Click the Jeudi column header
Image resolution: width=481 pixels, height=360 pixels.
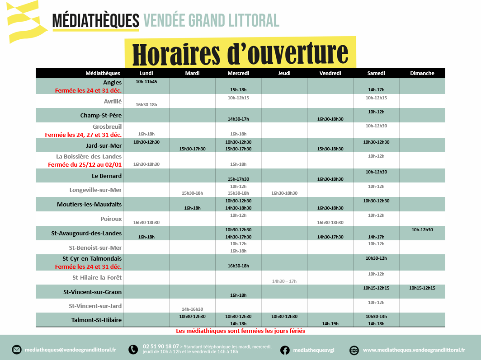(x=284, y=73)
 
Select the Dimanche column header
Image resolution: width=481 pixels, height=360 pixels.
(x=422, y=73)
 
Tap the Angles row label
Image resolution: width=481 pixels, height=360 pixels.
(x=112, y=83)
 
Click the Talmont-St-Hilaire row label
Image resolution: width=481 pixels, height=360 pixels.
(x=96, y=320)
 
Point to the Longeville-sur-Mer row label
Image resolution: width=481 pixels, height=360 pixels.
(x=95, y=190)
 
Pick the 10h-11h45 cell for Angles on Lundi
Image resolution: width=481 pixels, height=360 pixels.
(x=146, y=82)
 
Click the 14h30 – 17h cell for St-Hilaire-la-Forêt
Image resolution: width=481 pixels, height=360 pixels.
(x=284, y=281)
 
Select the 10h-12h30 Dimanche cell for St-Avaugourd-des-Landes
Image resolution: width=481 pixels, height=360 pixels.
(x=422, y=230)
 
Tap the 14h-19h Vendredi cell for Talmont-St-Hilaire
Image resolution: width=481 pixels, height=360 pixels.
(x=330, y=324)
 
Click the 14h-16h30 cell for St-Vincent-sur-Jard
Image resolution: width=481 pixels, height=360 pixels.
(x=193, y=309)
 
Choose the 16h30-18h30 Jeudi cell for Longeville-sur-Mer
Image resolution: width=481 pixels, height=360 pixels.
(x=284, y=193)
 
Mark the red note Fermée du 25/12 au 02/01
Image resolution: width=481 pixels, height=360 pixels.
(x=85, y=165)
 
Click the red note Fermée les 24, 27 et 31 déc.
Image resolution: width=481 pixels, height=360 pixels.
(x=83, y=135)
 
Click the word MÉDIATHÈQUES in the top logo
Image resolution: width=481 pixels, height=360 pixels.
(x=96, y=20)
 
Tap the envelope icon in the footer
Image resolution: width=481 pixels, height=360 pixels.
(x=17, y=350)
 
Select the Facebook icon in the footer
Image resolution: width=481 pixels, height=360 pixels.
(x=285, y=350)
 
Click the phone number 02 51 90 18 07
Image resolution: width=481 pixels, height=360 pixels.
(x=160, y=346)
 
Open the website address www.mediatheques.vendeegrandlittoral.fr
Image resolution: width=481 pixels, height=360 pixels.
(x=414, y=350)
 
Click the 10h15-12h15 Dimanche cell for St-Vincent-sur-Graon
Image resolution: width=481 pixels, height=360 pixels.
(x=422, y=288)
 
